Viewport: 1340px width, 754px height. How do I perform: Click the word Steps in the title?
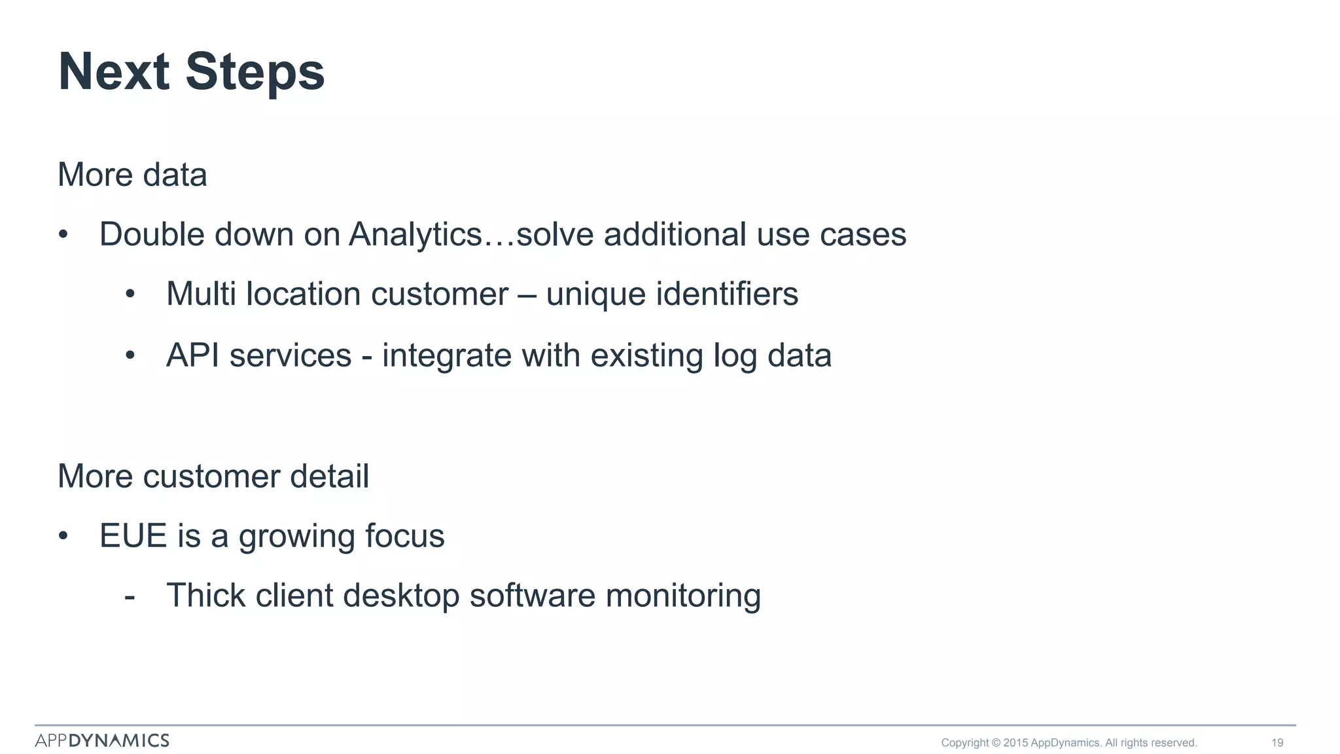(x=255, y=72)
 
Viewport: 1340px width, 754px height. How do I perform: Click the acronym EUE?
(x=133, y=536)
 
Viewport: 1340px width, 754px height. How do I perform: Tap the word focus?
(x=404, y=536)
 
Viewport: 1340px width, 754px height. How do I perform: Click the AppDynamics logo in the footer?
(x=102, y=740)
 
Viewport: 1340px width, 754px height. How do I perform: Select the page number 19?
(x=1277, y=743)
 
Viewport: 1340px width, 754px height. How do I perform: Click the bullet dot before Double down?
(x=63, y=235)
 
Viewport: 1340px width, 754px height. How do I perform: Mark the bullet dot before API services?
(x=130, y=356)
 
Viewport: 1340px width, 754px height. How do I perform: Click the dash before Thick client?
(x=130, y=596)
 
